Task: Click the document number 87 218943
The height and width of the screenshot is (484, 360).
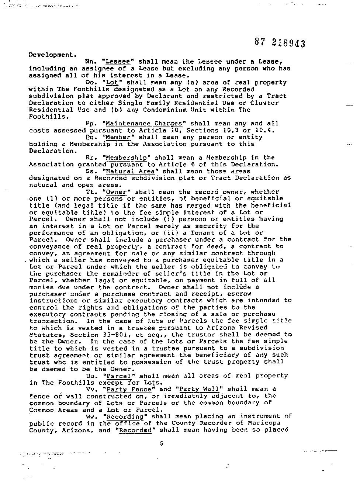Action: (280, 43)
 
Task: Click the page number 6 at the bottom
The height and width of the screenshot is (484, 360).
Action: (162, 444)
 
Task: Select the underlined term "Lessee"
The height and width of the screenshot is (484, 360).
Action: (118, 62)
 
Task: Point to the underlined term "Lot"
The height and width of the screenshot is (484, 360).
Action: (110, 82)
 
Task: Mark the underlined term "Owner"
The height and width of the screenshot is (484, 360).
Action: (116, 192)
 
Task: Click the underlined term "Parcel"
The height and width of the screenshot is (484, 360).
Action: (118, 376)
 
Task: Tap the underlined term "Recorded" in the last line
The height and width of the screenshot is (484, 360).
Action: (135, 430)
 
